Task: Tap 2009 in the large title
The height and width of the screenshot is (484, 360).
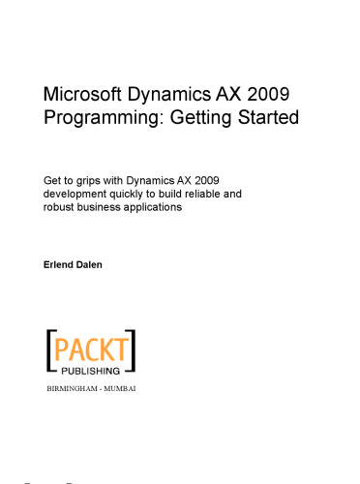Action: [x=266, y=95]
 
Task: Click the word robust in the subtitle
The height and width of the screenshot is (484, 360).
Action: [x=61, y=207]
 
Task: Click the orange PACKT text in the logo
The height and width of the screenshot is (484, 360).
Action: [x=92, y=348]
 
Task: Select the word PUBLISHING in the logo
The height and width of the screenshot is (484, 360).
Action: [x=92, y=369]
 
